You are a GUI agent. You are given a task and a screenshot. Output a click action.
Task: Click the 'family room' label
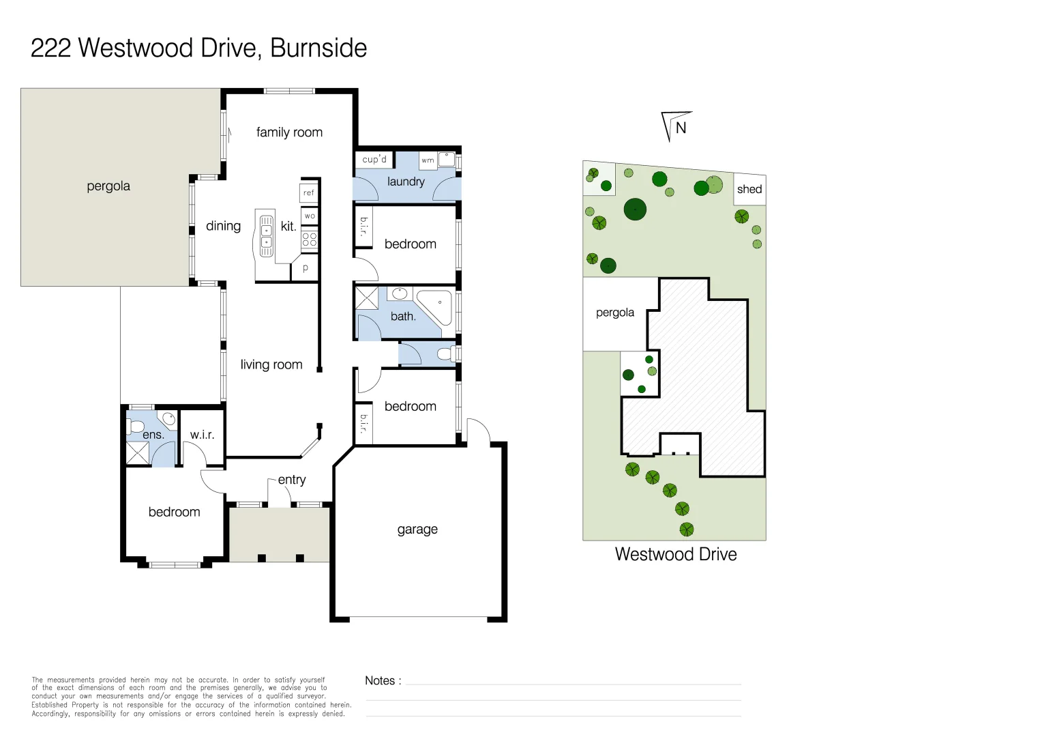point(289,132)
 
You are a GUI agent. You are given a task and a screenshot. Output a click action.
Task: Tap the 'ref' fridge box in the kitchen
point(309,192)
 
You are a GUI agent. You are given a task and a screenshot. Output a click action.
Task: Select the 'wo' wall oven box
point(310,216)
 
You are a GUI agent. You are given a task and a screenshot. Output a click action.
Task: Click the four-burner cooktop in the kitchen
point(310,239)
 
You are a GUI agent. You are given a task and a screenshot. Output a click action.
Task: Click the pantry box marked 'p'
point(305,268)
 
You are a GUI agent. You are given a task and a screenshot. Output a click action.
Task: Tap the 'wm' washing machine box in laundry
point(428,160)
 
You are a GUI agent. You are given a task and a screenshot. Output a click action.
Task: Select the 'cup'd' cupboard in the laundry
point(374,159)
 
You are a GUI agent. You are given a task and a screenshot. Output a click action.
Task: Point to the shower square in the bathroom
point(367,298)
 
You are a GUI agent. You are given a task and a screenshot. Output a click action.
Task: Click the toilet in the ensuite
point(135,427)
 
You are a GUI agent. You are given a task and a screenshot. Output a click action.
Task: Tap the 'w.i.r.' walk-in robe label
point(202,435)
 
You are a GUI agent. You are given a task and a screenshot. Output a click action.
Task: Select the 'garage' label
point(417,530)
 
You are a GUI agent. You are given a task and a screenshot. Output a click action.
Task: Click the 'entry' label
point(292,480)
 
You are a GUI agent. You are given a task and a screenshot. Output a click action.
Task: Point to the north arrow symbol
point(676,126)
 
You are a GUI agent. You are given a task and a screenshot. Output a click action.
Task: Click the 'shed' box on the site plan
point(749,190)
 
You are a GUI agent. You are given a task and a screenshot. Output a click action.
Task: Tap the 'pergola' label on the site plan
point(615,313)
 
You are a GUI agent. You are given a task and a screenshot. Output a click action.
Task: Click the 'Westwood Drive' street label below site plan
point(675,554)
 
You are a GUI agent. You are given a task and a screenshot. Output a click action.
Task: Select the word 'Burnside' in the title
point(318,48)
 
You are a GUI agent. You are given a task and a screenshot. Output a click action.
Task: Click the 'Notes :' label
point(383,680)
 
